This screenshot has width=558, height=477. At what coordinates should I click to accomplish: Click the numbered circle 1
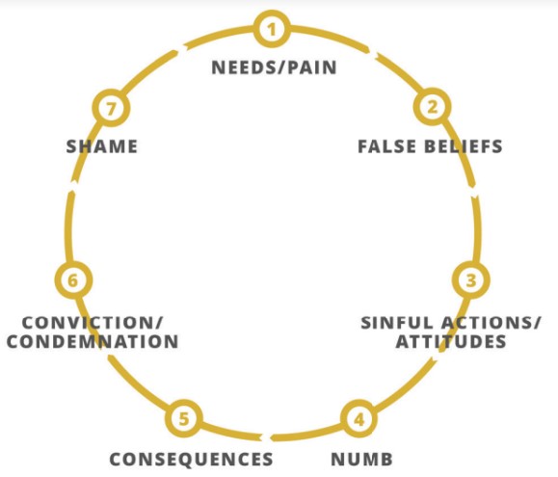click(272, 29)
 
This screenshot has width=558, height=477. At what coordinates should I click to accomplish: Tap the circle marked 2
click(432, 107)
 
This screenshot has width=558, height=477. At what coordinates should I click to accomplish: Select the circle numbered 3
click(471, 280)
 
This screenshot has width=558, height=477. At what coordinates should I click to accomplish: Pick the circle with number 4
click(359, 419)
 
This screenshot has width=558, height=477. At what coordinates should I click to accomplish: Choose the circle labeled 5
click(184, 418)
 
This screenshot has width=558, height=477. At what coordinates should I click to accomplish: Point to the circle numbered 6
click(73, 280)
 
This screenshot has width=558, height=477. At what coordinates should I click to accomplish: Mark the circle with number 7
click(112, 108)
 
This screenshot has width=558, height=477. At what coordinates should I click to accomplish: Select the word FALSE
click(386, 146)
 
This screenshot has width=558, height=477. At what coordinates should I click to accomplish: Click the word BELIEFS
click(463, 146)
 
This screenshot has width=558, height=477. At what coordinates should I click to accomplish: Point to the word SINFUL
click(397, 323)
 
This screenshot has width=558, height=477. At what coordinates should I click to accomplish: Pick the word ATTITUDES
click(451, 341)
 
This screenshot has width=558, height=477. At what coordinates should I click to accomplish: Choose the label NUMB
click(362, 459)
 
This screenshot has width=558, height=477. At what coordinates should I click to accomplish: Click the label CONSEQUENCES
click(191, 459)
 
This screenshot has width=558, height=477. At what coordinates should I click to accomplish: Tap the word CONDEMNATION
click(93, 341)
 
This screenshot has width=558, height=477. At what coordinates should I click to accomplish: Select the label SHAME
click(102, 146)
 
